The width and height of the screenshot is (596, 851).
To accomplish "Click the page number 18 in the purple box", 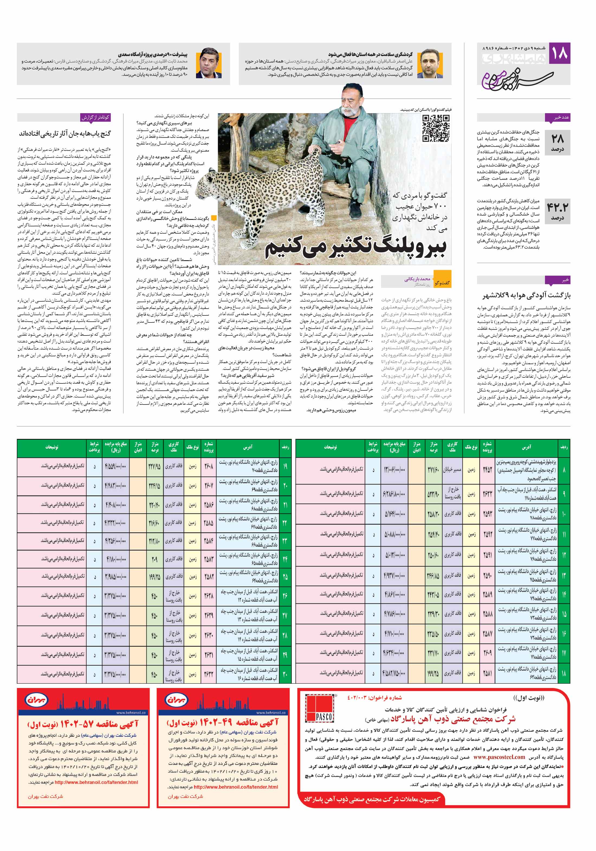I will [559, 52].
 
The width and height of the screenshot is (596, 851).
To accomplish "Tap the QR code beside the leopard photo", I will [436, 128].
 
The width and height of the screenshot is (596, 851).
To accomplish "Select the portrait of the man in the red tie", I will [210, 63].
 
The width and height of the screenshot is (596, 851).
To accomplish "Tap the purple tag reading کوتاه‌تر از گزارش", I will [96, 118].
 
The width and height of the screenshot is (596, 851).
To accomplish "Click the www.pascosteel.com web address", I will [499, 757].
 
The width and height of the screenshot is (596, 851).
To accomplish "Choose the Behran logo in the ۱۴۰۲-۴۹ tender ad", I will [176, 699].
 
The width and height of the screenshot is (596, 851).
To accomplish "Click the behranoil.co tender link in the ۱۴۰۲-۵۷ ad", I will [96, 782].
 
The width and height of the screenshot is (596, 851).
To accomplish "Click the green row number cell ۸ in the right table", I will [564, 469].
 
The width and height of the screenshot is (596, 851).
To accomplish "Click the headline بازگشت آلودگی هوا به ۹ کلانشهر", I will [526, 295].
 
